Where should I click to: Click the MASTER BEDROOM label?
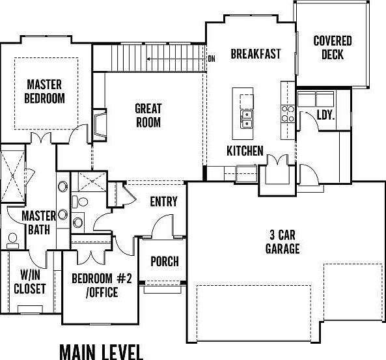coord(45,91)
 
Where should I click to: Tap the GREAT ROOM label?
coord(148,115)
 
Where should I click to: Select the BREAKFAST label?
coord(256,53)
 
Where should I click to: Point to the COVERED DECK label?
coord(333,48)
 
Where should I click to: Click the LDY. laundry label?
coord(325,115)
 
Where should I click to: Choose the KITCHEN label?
coord(245,151)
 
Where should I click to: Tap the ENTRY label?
coord(163,201)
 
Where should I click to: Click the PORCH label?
coord(165,262)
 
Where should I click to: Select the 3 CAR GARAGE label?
coord(283,241)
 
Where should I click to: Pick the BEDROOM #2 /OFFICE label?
coord(102,285)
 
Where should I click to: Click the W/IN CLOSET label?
coord(29,281)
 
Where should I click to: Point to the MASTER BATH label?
coord(37,222)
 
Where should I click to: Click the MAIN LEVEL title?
coord(101,352)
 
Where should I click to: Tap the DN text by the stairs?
coord(212,58)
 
